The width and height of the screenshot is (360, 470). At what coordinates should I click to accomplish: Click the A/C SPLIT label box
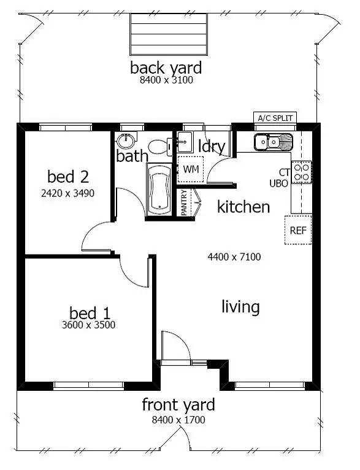click(276, 118)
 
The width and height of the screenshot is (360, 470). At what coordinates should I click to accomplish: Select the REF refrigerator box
click(298, 231)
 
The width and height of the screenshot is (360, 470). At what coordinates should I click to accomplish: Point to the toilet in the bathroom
click(159, 146)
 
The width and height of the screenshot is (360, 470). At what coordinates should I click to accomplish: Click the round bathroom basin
click(126, 140)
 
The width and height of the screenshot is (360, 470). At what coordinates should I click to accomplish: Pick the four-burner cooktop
click(301, 172)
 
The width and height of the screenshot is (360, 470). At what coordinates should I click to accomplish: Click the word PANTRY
click(185, 202)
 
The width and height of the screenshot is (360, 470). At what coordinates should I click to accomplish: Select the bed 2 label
click(68, 177)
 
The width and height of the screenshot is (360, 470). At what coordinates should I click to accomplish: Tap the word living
click(240, 306)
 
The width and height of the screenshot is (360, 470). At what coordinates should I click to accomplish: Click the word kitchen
click(243, 207)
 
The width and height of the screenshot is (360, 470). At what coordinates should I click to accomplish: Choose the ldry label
click(212, 147)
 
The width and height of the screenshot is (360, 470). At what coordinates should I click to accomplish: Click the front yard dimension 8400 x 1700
click(178, 420)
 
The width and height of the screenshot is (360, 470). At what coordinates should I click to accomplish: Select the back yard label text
click(166, 67)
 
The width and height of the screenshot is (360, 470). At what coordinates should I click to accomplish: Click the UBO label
click(279, 183)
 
